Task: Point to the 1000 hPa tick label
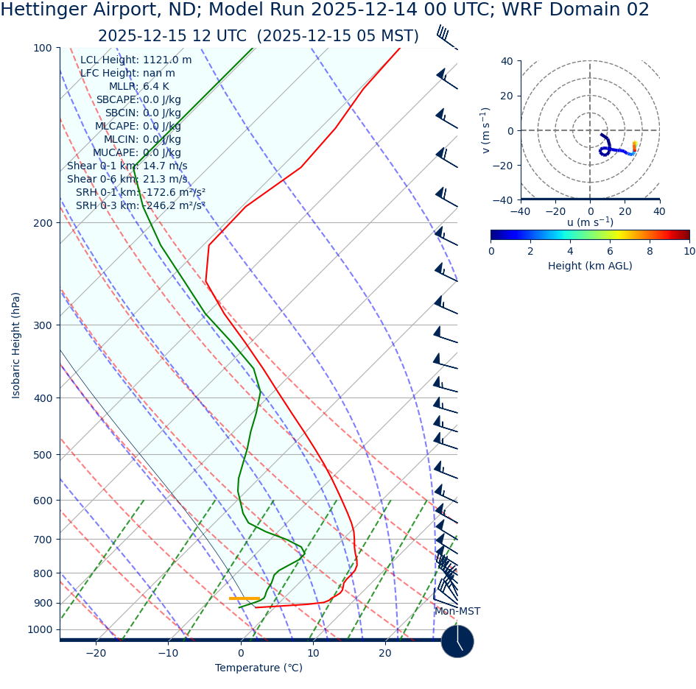coord(41,629)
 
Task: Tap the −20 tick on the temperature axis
coord(96,653)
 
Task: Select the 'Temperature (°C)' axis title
coord(259,668)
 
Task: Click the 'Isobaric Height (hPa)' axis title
coord(16,345)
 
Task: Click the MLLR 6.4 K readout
coord(139,87)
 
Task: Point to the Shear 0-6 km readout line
coord(127,180)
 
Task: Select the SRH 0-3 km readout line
coord(141,206)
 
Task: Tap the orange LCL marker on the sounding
coord(245,598)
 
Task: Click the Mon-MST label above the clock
coord(457,612)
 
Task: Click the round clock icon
coord(457,641)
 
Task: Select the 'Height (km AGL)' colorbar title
coord(590,266)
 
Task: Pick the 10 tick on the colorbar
coord(689,251)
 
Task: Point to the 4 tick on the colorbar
coord(570,251)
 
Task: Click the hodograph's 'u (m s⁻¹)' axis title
coord(590,222)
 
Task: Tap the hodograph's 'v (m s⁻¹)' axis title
coord(486,130)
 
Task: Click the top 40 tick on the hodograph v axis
coord(507,61)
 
